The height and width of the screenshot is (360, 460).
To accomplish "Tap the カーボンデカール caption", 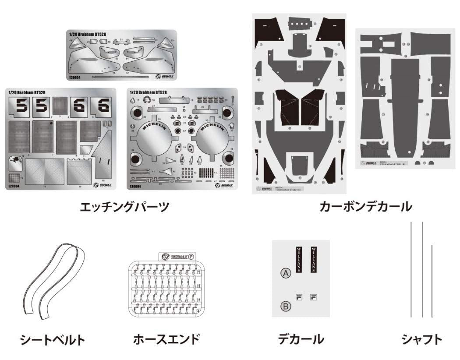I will (x=366, y=206).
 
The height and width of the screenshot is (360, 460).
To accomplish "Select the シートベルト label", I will (x=52, y=339).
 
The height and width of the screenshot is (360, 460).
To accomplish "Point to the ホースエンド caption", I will (x=166, y=339).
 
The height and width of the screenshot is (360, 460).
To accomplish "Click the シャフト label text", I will (x=421, y=339).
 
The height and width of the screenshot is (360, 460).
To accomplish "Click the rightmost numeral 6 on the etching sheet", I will (x=104, y=106).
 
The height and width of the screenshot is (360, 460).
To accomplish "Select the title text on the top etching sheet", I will (x=85, y=34).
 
